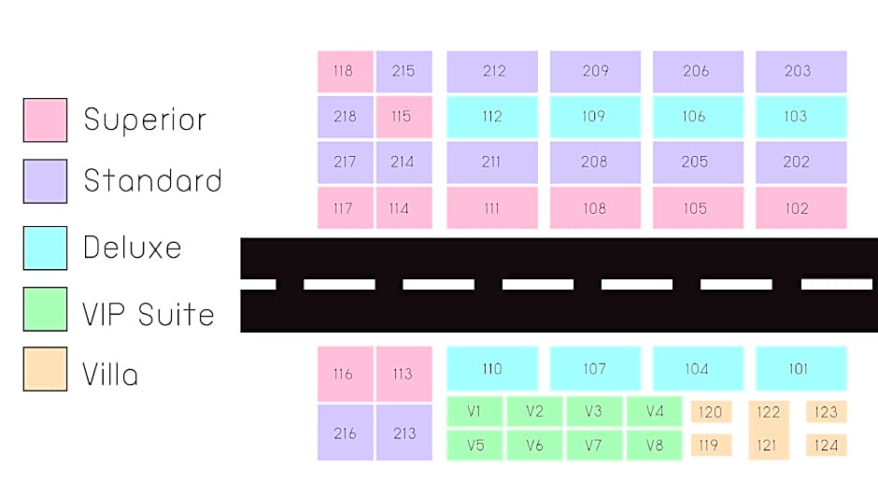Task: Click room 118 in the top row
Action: tap(345, 71)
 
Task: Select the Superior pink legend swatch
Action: tap(46, 120)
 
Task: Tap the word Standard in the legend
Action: tap(152, 180)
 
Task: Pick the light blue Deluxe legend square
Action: tap(46, 248)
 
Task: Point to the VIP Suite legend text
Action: tap(149, 314)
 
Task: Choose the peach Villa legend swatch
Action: tap(46, 369)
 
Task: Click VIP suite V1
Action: tap(474, 411)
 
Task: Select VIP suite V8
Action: tap(655, 446)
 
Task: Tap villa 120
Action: tap(711, 412)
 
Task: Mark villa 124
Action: tap(827, 446)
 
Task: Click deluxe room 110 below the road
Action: tap(492, 369)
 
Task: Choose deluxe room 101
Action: tap(800, 369)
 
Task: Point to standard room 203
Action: tap(800, 71)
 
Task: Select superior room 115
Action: tap(404, 117)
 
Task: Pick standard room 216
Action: tap(345, 433)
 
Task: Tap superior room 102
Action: tap(800, 208)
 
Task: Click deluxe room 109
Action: tap(595, 117)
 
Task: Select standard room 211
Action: tap(492, 163)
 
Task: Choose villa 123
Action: tap(827, 412)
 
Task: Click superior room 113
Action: tap(404, 374)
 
